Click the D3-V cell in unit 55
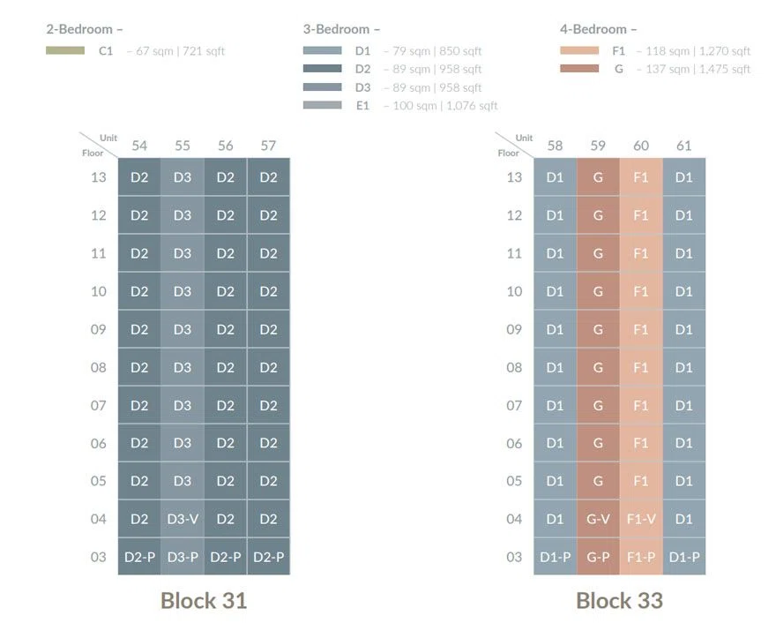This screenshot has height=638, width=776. pos(183,519)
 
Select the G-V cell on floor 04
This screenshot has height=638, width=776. pos(598,519)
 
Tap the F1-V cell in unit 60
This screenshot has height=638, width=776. pos(641,519)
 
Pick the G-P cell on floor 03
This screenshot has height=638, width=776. pos(598,557)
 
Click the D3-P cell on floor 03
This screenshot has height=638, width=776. pos(183,557)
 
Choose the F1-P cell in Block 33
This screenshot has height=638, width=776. pos(641,557)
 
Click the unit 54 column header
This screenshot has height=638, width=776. pos(139,146)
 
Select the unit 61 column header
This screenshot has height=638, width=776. pos(684,146)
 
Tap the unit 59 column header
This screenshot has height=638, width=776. pos(598,146)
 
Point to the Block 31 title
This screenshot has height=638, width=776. pos(204,601)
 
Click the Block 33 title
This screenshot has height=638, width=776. pos(620,601)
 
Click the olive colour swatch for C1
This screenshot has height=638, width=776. pos(65,50)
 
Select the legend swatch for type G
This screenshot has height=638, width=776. pos(579,69)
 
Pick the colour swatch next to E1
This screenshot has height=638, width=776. pos(322,105)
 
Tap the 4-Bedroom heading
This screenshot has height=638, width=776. pos(599,29)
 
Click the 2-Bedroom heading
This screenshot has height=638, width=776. pos(85,29)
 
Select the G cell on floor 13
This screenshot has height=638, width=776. pos(598,177)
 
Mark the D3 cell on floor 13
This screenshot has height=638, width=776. pos(183,177)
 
